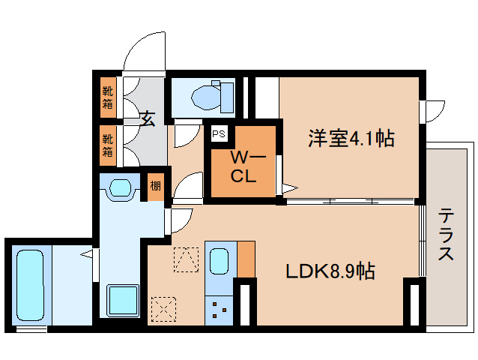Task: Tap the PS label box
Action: point(219,134)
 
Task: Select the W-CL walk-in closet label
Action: point(243,167)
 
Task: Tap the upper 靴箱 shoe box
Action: point(108,98)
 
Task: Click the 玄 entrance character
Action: point(148,118)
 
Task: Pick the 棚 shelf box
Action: point(155,185)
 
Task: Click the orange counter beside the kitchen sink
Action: point(246,259)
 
